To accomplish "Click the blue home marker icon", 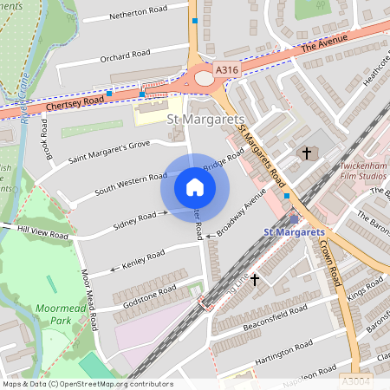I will tap(195, 187).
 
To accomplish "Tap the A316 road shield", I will tap(226, 69).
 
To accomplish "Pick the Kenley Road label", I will tap(143, 258).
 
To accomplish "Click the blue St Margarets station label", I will tap(293, 232).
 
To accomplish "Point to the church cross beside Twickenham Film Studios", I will tap(305, 153).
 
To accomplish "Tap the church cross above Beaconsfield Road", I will tap(254, 280).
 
